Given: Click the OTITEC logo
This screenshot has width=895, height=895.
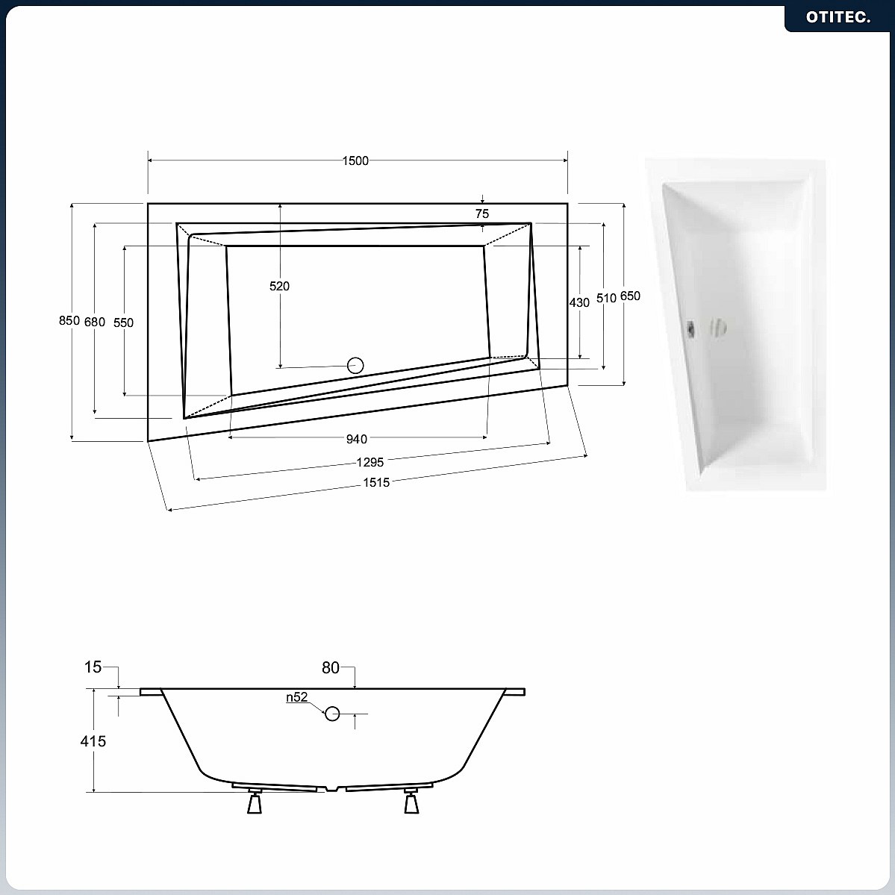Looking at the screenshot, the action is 838,17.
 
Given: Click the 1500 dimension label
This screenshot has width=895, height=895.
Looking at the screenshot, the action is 355,161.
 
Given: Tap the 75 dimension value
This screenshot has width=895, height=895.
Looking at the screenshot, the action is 482,213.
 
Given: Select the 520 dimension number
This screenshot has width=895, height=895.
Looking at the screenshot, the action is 280,286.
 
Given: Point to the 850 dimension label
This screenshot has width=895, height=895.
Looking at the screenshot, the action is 69,321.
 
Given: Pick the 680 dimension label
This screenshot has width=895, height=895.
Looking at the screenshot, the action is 95,322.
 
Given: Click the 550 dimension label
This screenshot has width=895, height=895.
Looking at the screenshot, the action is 123,322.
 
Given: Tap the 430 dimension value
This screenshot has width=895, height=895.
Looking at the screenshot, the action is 579,302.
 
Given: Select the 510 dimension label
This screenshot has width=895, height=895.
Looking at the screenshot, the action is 606,297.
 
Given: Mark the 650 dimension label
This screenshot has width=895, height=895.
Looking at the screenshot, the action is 630,296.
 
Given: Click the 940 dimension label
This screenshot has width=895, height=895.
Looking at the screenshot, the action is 357,439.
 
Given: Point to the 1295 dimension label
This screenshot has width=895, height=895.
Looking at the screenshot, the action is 370,462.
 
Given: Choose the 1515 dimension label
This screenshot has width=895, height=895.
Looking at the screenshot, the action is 377,482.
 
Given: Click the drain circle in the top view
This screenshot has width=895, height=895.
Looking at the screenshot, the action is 355,365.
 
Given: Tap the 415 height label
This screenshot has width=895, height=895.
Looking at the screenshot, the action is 93,741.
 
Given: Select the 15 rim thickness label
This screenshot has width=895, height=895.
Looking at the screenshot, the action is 93,667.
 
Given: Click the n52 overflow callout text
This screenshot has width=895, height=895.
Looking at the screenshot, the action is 297,697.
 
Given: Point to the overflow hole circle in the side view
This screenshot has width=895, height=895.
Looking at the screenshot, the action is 332,714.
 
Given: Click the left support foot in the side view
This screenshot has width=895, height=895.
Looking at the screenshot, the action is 255,801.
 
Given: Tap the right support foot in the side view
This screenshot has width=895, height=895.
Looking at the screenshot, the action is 411,801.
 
